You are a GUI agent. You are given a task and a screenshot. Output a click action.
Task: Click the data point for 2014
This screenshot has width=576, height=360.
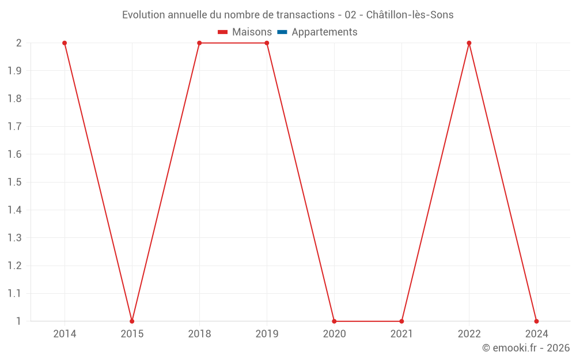pyautogui.click(x=65, y=43)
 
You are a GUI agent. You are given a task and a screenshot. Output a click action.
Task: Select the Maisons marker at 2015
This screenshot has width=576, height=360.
pyautogui.click(x=132, y=321)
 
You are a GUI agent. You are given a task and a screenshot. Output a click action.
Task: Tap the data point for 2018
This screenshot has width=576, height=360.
pyautogui.click(x=199, y=43)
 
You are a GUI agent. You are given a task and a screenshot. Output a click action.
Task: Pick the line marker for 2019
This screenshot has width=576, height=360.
pyautogui.click(x=267, y=43)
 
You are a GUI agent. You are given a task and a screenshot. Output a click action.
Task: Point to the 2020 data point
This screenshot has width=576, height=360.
pyautogui.click(x=334, y=321)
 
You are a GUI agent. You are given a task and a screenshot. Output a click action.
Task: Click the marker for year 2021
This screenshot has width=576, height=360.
pyautogui.click(x=401, y=321)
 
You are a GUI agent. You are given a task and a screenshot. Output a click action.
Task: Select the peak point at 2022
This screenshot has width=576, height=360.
pyautogui.click(x=469, y=43)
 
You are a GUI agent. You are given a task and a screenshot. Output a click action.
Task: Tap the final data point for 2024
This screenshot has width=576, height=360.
pyautogui.click(x=536, y=321)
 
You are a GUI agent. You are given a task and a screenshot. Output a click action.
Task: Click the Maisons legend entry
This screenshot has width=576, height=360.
pyautogui.click(x=245, y=32)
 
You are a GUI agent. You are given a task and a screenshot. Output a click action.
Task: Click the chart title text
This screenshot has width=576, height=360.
pyautogui.click(x=287, y=15)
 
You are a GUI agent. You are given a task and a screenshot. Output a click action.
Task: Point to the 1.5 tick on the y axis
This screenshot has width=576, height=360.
pyautogui.click(x=14, y=182)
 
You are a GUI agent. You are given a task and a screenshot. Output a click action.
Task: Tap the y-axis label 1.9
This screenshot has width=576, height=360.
pyautogui.click(x=14, y=71)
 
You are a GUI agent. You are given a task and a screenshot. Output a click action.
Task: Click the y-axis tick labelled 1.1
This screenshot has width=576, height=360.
pyautogui.click(x=14, y=293)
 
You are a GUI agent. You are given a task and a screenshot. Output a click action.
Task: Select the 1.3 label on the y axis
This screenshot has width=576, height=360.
pyautogui.click(x=14, y=238)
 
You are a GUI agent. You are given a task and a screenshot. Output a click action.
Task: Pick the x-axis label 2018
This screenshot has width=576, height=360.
pyautogui.click(x=199, y=334)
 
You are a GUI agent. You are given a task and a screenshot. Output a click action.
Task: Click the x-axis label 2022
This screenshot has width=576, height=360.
pyautogui.click(x=469, y=334)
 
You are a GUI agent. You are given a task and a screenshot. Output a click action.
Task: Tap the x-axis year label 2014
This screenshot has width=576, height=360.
pyautogui.click(x=65, y=334)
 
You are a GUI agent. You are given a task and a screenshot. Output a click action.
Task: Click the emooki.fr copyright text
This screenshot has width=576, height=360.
pyautogui.click(x=525, y=348)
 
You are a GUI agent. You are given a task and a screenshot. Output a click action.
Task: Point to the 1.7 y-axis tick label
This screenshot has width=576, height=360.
pyautogui.click(x=14, y=127)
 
